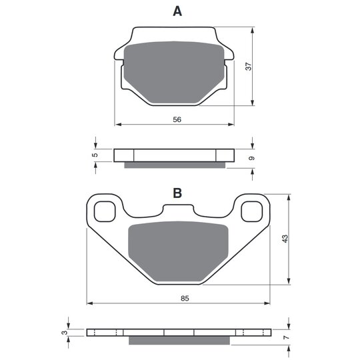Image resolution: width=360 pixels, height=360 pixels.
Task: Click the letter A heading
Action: (x=177, y=11)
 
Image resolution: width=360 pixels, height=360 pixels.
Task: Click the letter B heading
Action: (x=177, y=193)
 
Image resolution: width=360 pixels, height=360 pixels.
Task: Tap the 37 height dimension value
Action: (x=249, y=67)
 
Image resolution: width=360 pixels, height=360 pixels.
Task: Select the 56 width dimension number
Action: (x=177, y=119)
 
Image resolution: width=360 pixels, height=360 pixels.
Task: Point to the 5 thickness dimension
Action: (x=95, y=155)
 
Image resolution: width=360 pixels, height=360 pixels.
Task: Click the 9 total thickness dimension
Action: (x=252, y=158)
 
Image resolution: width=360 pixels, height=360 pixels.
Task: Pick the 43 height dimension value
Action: (x=285, y=239)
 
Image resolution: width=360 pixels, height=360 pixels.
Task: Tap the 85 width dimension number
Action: (x=185, y=298)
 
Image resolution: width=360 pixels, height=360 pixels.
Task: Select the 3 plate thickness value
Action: (x=65, y=333)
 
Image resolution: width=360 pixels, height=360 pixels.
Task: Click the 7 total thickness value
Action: (x=286, y=337)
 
